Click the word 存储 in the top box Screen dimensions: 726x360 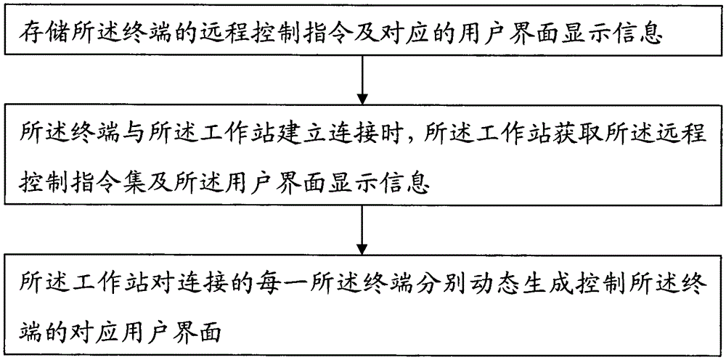[x=45, y=35]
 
